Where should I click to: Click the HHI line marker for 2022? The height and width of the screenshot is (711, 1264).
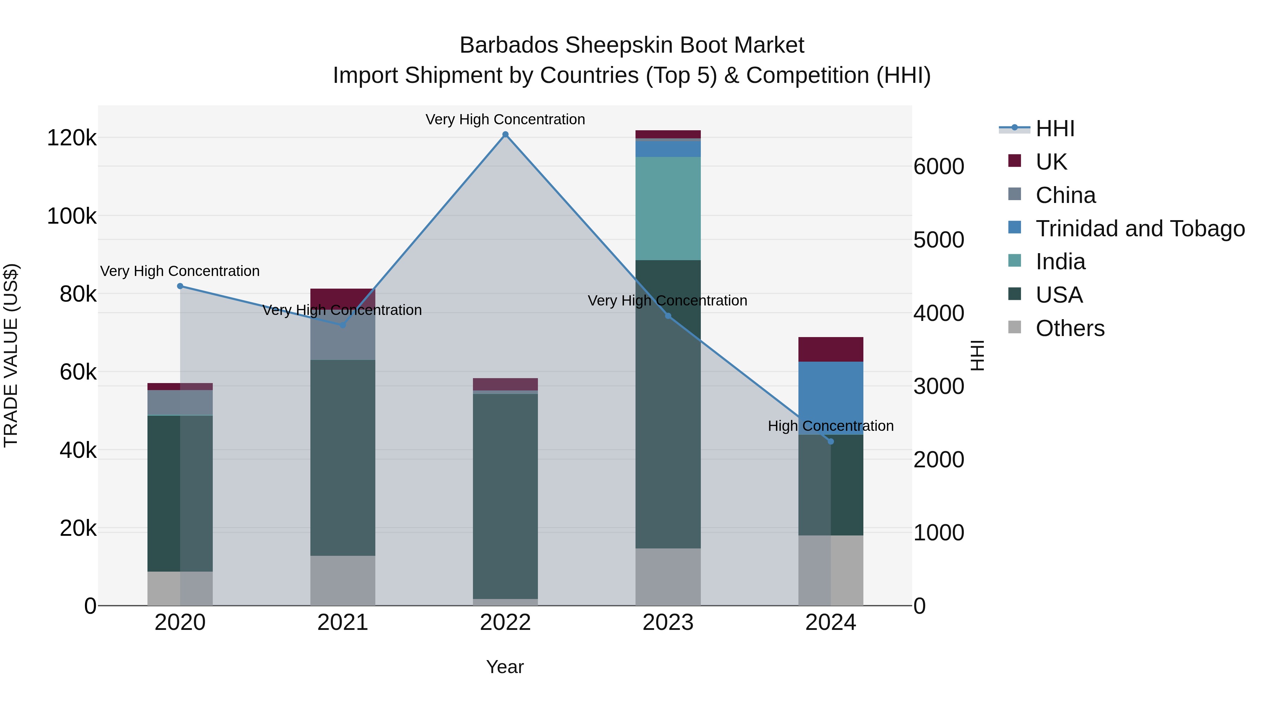pos(505,134)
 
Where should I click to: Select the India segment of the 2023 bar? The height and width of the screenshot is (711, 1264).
pos(668,209)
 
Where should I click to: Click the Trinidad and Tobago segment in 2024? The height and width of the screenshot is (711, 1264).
pos(831,397)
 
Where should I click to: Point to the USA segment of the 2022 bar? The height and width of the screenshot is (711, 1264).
pos(505,495)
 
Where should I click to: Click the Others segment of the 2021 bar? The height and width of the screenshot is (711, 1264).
pos(342,580)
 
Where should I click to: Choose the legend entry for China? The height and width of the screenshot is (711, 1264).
pos(1065,195)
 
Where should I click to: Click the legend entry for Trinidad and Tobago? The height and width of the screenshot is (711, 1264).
pos(1139,229)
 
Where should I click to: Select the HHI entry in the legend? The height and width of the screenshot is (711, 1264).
pos(1055,129)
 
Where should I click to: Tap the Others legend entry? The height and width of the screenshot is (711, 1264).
pos(1070,328)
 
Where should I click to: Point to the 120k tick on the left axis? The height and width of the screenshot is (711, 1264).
pos(72,138)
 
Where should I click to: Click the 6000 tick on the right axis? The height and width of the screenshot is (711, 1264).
pos(939,167)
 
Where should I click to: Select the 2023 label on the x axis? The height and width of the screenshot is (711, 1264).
pos(668,623)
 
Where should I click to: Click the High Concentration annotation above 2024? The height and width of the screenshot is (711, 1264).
pos(831,426)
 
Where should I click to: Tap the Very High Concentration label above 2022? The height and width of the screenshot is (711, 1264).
pos(505,119)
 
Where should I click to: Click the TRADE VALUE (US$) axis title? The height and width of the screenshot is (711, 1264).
pos(11,355)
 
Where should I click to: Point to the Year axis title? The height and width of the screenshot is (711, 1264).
pos(505,667)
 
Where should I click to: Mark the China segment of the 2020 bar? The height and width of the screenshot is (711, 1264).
pos(180,402)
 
